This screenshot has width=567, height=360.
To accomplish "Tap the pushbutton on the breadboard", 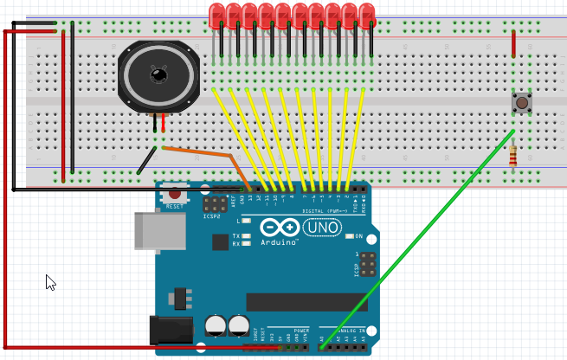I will pos(522,102).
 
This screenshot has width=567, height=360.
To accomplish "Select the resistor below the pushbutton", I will pos(514,157).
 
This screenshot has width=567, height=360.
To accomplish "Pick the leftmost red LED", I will pos(216,16).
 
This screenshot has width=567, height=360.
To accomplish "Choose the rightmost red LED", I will pos(367,16).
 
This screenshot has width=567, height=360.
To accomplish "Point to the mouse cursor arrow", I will pos(49,280).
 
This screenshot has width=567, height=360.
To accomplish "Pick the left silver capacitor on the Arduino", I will pos(216,325).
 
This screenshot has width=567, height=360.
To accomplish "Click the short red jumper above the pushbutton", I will pos(513,43).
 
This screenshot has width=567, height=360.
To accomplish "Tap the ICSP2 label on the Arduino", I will pos(212,216).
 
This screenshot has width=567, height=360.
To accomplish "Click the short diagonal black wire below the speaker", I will pos(147,160).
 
